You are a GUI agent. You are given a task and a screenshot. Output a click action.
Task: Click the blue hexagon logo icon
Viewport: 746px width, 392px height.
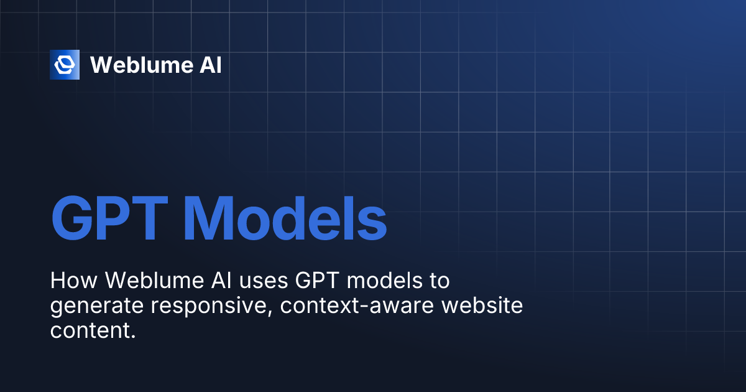click(x=65, y=65)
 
